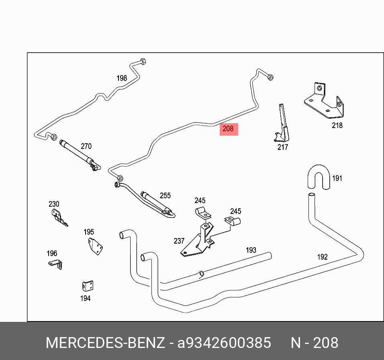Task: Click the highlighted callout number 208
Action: click(228, 129)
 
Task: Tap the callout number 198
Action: click(122, 78)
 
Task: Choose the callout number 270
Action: click(86, 146)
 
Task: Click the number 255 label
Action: click(165, 195)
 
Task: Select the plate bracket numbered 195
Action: click(95, 245)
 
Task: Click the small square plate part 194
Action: click(87, 287)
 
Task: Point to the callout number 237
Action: click(179, 241)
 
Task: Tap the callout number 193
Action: click(251, 250)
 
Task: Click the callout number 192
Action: click(323, 257)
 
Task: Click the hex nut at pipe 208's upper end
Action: click(270, 77)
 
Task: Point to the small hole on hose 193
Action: click(202, 274)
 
